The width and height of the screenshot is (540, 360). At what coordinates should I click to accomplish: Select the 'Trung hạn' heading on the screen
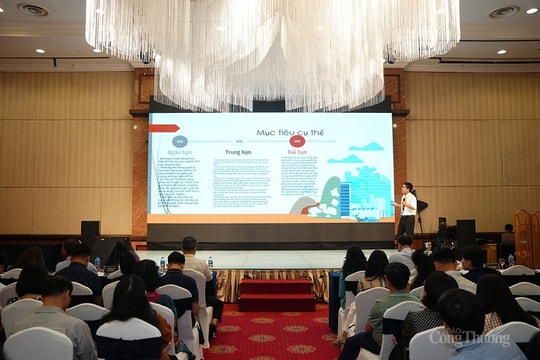click(236, 153)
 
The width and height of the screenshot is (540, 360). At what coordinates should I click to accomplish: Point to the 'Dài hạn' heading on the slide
click(297, 153)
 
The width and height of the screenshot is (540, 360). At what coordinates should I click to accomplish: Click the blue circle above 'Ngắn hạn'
click(180, 141)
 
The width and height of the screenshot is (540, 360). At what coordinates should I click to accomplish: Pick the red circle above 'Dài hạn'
click(297, 141)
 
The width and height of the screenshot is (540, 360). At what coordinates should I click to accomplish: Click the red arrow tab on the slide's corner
click(163, 128)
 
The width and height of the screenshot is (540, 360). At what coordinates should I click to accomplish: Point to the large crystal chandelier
click(272, 45)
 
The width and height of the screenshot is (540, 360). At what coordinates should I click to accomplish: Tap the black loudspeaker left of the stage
click(90, 233)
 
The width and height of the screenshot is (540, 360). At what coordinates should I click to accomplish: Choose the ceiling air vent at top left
click(33, 10)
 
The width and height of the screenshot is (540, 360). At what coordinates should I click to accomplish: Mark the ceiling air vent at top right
click(503, 12)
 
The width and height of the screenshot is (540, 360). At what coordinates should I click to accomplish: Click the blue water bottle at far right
click(510, 260)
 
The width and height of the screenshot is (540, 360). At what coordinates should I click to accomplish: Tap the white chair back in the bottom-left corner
click(38, 344)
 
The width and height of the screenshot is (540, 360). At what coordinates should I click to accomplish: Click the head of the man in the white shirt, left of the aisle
click(189, 244)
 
